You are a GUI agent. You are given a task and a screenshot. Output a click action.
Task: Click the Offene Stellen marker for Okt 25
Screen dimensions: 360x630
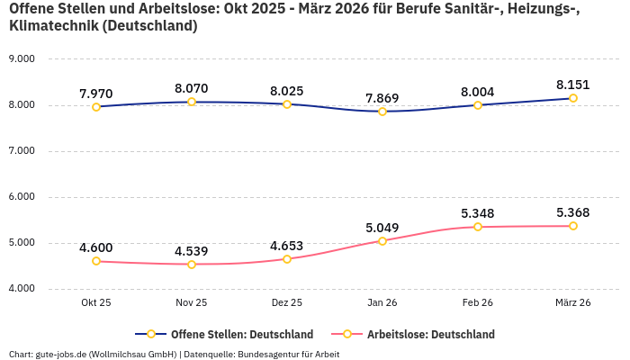click(x=96, y=107)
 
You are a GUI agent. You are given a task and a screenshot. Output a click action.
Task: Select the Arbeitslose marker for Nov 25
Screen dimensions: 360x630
click(x=192, y=265)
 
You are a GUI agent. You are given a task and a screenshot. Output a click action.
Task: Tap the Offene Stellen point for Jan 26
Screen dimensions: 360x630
click(x=382, y=112)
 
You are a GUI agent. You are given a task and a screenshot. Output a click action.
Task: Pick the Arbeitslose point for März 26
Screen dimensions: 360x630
click(x=573, y=226)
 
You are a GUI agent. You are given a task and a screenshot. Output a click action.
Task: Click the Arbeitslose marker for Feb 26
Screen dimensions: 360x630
click(x=478, y=227)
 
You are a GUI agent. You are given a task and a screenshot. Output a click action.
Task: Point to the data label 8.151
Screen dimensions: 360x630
click(x=573, y=85)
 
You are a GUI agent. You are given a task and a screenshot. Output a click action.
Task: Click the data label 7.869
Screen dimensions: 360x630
click(x=382, y=98)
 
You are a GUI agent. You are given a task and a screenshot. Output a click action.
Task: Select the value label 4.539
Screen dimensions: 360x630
click(x=192, y=250)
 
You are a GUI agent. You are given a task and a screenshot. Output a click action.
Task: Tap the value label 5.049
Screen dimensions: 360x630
click(x=382, y=228)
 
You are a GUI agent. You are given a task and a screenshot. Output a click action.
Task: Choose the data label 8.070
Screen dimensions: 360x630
click(x=192, y=88)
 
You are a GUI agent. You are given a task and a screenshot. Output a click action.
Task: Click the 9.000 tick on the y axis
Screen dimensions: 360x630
click(x=21, y=58)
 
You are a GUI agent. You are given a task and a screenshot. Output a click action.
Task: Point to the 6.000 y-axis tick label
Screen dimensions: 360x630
click(x=21, y=196)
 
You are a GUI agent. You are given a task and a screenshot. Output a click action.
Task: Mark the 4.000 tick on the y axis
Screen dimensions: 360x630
click(x=21, y=288)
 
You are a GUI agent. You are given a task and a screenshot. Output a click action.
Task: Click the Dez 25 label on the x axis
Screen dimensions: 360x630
click(x=287, y=303)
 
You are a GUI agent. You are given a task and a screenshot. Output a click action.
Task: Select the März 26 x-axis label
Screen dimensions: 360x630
click(x=573, y=303)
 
